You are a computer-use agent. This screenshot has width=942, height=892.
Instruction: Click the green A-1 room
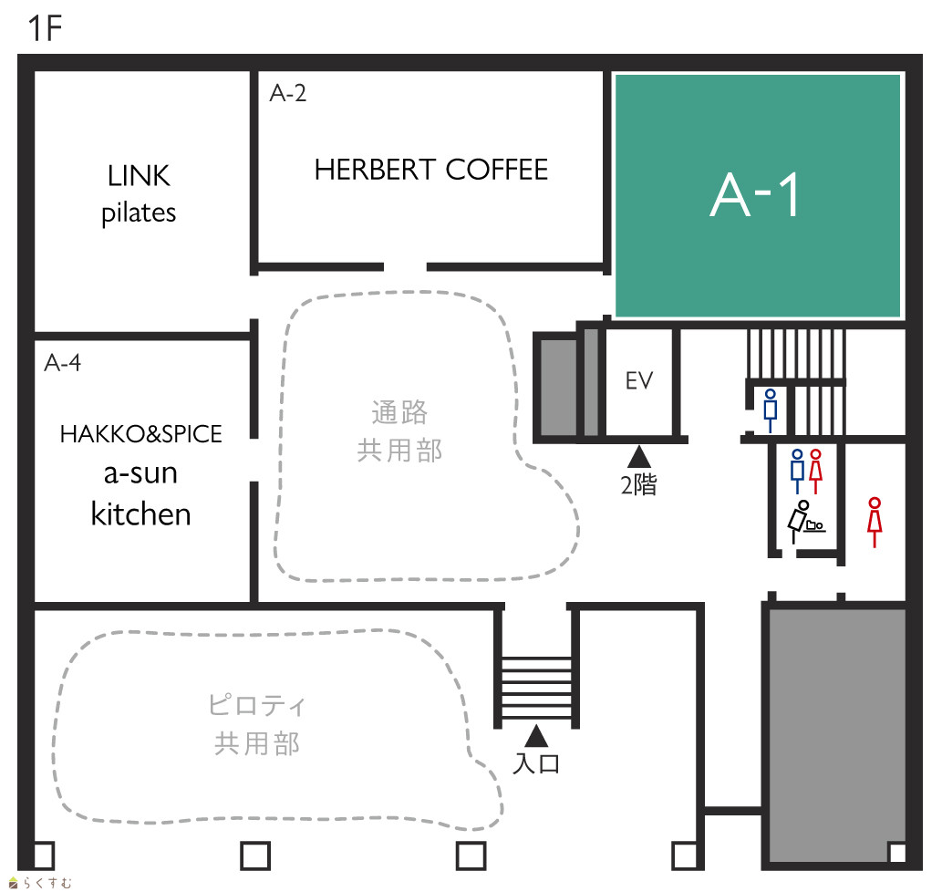[x=758, y=196]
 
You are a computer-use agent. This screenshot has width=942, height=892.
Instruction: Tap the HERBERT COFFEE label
[x=431, y=170]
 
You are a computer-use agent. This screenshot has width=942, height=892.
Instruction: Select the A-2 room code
[x=288, y=93]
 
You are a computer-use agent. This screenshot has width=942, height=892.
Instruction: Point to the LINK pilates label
[x=139, y=194]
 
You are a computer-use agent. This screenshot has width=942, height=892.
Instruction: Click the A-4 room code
[x=63, y=363]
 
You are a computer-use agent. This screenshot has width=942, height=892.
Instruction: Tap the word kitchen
[x=140, y=514]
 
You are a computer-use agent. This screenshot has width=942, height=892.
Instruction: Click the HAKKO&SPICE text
[x=140, y=433]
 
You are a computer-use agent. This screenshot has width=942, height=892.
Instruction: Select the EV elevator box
[x=639, y=381]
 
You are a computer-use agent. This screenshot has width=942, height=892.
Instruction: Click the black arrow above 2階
[x=639, y=457]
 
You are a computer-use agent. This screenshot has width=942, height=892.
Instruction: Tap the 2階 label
[x=638, y=484]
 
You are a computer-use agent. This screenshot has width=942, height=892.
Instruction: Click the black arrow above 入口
[x=536, y=736]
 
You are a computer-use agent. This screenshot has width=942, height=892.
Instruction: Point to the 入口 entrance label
[x=536, y=763]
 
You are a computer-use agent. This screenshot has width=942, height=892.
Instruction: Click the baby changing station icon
[x=805, y=522]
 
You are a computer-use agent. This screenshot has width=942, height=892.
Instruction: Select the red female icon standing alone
[x=875, y=522]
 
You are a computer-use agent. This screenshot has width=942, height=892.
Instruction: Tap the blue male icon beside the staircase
[x=771, y=410]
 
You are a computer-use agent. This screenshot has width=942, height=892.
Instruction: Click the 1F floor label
[x=45, y=28]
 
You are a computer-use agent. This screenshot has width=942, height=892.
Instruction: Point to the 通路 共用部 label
[x=399, y=431]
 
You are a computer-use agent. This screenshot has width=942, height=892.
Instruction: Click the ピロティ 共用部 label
[x=257, y=724]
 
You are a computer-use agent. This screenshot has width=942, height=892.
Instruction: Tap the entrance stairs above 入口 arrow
[x=536, y=688]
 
